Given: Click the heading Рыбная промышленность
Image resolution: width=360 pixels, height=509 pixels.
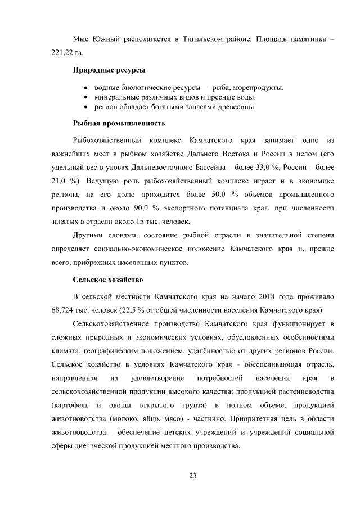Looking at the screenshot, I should point(119,123).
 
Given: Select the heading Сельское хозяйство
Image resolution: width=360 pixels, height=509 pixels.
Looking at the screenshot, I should point(109,279).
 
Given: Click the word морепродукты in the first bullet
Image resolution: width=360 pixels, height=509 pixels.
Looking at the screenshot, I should point(258,88).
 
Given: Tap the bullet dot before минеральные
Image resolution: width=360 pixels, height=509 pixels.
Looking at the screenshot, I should point(84,97).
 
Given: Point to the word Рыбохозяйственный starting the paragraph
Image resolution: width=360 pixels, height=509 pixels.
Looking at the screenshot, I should point(105,139).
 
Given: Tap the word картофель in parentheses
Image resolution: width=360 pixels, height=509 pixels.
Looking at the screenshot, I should point(69,405).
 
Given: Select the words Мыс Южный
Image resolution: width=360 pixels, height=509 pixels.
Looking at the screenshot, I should point(94,39).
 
